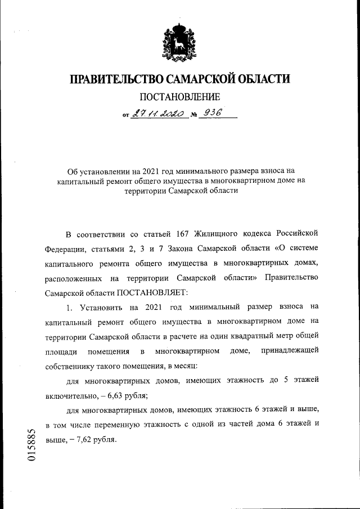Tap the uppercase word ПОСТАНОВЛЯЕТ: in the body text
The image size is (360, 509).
pyautogui.click(x=154, y=292)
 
